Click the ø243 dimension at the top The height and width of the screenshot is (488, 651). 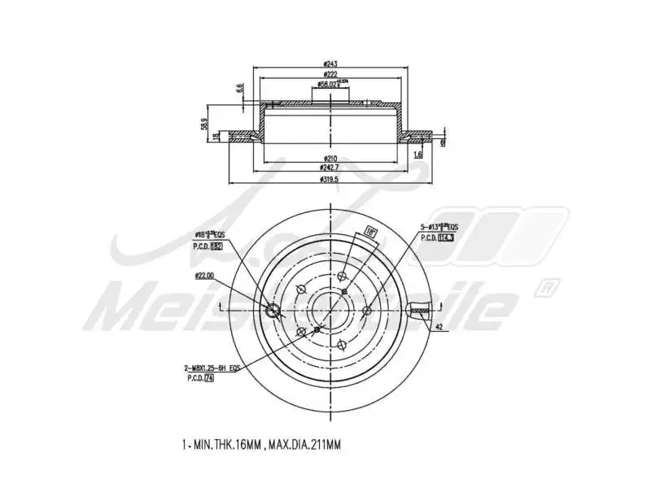coord(330,64)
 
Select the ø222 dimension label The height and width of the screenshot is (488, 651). coord(330,74)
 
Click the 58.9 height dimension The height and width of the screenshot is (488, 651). coord(203,124)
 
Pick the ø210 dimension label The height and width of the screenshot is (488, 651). coord(330,157)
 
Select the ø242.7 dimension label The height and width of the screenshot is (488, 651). coord(330,167)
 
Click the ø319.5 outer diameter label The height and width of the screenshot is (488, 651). coord(330,178)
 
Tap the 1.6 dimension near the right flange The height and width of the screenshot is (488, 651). coord(417,154)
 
